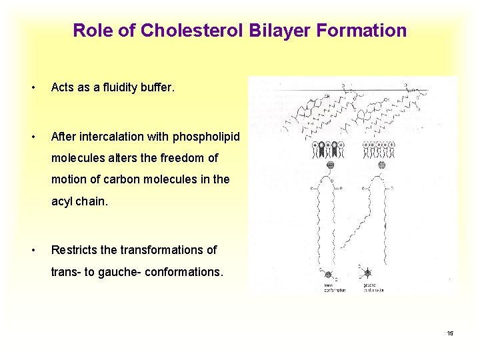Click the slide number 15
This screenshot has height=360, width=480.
pyautogui.click(x=450, y=333)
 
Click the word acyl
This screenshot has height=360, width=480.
pyautogui.click(x=63, y=201)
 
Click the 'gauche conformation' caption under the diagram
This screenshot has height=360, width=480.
pyautogui.click(x=373, y=288)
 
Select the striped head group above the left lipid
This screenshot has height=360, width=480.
pyautogui.click(x=329, y=165)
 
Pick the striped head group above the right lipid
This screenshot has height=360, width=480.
pyautogui.click(x=382, y=165)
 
